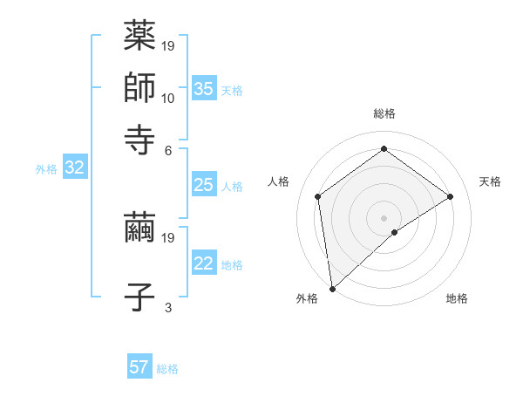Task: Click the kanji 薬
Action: (139, 37)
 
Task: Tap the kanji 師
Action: (139, 87)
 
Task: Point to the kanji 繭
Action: (139, 229)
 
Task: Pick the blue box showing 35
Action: (203, 88)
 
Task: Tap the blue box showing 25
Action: (203, 185)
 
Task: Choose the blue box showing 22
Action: (203, 263)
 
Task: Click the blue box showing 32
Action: (74, 168)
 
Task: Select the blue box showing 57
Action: (139, 367)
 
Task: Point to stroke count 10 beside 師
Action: (168, 98)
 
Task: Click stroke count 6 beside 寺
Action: (168, 149)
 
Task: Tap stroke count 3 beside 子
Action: (168, 307)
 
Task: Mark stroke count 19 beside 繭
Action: (168, 237)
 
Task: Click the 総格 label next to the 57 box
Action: (167, 369)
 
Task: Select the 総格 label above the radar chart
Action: (384, 113)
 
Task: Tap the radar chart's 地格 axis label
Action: (457, 298)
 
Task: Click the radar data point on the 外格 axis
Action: (332, 288)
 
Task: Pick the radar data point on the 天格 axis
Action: (451, 196)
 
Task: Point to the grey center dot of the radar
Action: (384, 217)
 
